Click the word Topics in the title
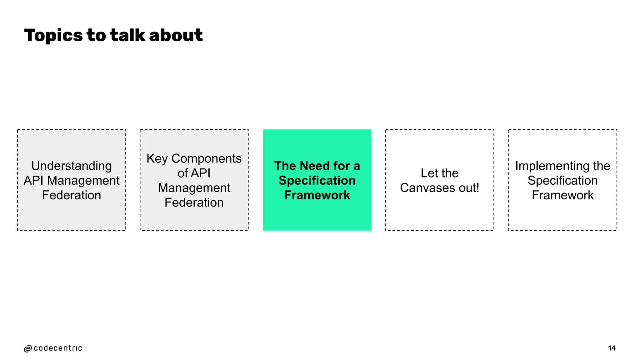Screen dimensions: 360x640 [x=53, y=35]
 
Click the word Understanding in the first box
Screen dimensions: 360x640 [x=72, y=166]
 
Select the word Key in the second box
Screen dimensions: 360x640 [x=157, y=159]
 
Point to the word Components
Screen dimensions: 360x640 [x=206, y=158]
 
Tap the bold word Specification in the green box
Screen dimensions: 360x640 [x=317, y=181]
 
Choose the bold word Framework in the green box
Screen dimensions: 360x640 [x=317, y=195]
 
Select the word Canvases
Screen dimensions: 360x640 [x=427, y=188]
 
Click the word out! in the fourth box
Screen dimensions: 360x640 [x=468, y=188]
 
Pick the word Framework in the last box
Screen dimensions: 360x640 [x=562, y=195]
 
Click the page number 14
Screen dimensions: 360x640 [x=612, y=348]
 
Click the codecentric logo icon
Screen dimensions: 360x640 [x=28, y=349]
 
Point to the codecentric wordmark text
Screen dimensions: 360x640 [x=58, y=348]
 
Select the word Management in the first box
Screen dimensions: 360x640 [x=83, y=181]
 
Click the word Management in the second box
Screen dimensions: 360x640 [x=194, y=188]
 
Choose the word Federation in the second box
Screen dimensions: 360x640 [x=194, y=202]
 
